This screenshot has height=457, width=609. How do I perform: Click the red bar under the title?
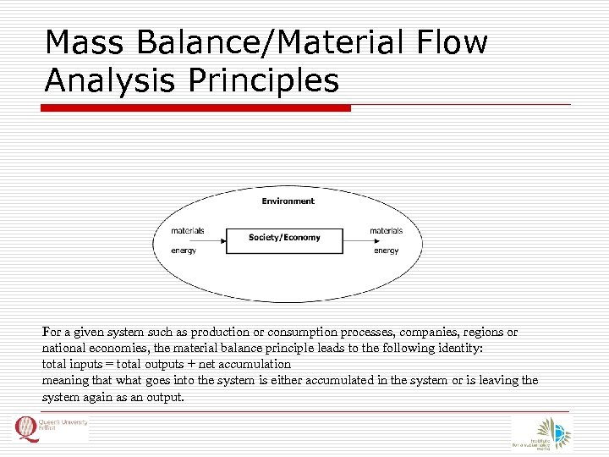[x=196, y=108]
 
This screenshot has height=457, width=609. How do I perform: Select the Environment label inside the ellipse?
[x=288, y=201]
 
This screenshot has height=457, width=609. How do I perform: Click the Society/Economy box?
[x=284, y=240]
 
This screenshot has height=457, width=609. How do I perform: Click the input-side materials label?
[x=187, y=230]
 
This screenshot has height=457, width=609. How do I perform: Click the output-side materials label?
[x=386, y=230]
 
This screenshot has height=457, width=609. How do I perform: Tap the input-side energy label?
[x=184, y=251]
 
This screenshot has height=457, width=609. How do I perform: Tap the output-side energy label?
[x=387, y=251]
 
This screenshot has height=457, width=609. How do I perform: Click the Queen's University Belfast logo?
[x=51, y=429]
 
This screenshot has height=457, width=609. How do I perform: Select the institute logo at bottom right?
[x=541, y=433]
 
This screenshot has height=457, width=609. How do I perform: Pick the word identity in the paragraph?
[x=458, y=349]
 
